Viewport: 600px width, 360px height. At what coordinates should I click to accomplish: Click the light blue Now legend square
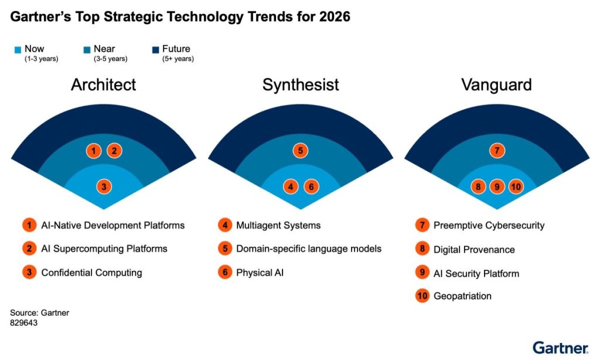[x=17, y=50]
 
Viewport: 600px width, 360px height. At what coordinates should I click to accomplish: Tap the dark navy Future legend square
[x=155, y=50]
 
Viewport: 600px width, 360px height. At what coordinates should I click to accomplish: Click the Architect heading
[x=103, y=84]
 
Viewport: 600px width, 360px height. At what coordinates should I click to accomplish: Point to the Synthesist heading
[x=301, y=84]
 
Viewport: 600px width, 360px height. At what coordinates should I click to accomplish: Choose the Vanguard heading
[x=496, y=84]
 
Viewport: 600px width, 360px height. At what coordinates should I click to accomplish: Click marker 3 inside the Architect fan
[x=104, y=187]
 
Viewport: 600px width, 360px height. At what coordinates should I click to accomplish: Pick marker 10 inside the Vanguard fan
[x=516, y=187]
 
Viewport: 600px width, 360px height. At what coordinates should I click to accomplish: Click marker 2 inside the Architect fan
[x=115, y=151]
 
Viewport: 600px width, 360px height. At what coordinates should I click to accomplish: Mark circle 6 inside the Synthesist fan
[x=312, y=187]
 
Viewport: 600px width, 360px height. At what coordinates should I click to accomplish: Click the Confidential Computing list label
[x=91, y=273]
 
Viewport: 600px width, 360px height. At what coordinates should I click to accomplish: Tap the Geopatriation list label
[x=462, y=296]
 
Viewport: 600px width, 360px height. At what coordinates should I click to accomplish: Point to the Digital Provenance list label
[x=474, y=250]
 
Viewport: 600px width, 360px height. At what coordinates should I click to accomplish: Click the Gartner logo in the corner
[x=560, y=347]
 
